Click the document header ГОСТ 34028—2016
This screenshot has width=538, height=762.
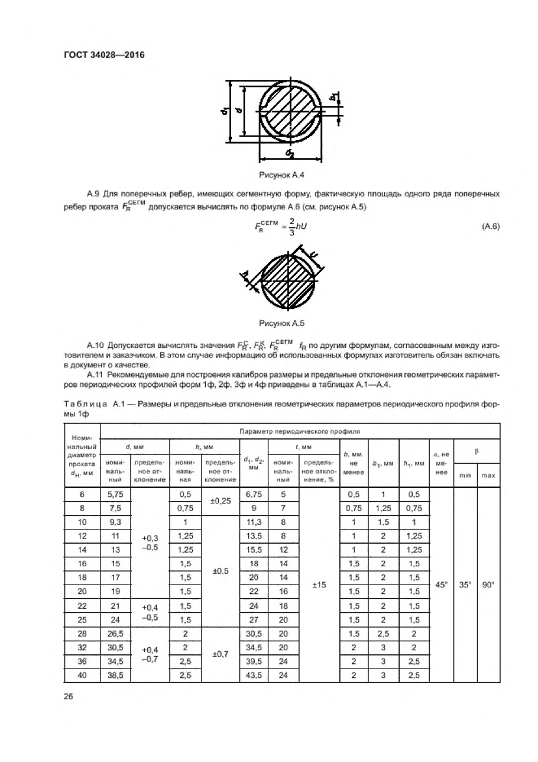[x=104, y=54]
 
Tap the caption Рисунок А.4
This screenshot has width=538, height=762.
[x=281, y=175]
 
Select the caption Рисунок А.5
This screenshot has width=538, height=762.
[x=281, y=323]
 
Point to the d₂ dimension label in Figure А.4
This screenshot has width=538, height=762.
[x=290, y=153]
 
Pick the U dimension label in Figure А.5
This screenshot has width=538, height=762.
[x=314, y=256]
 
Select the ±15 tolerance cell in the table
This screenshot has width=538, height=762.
[x=319, y=585]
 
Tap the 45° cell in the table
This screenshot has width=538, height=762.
[x=441, y=585]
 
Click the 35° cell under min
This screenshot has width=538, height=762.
[x=465, y=585]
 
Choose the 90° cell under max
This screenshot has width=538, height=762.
[x=488, y=585]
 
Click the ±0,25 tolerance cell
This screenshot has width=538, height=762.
[x=220, y=501]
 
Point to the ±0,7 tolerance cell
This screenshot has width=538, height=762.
[x=220, y=654]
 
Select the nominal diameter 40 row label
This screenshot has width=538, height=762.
[x=82, y=675]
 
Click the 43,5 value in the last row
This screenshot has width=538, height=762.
[x=254, y=675]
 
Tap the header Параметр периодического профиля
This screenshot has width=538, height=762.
[x=299, y=431]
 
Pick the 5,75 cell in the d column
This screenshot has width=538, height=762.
[x=115, y=494]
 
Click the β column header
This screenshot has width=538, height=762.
[x=476, y=451]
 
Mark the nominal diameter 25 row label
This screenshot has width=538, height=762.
[x=82, y=620]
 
